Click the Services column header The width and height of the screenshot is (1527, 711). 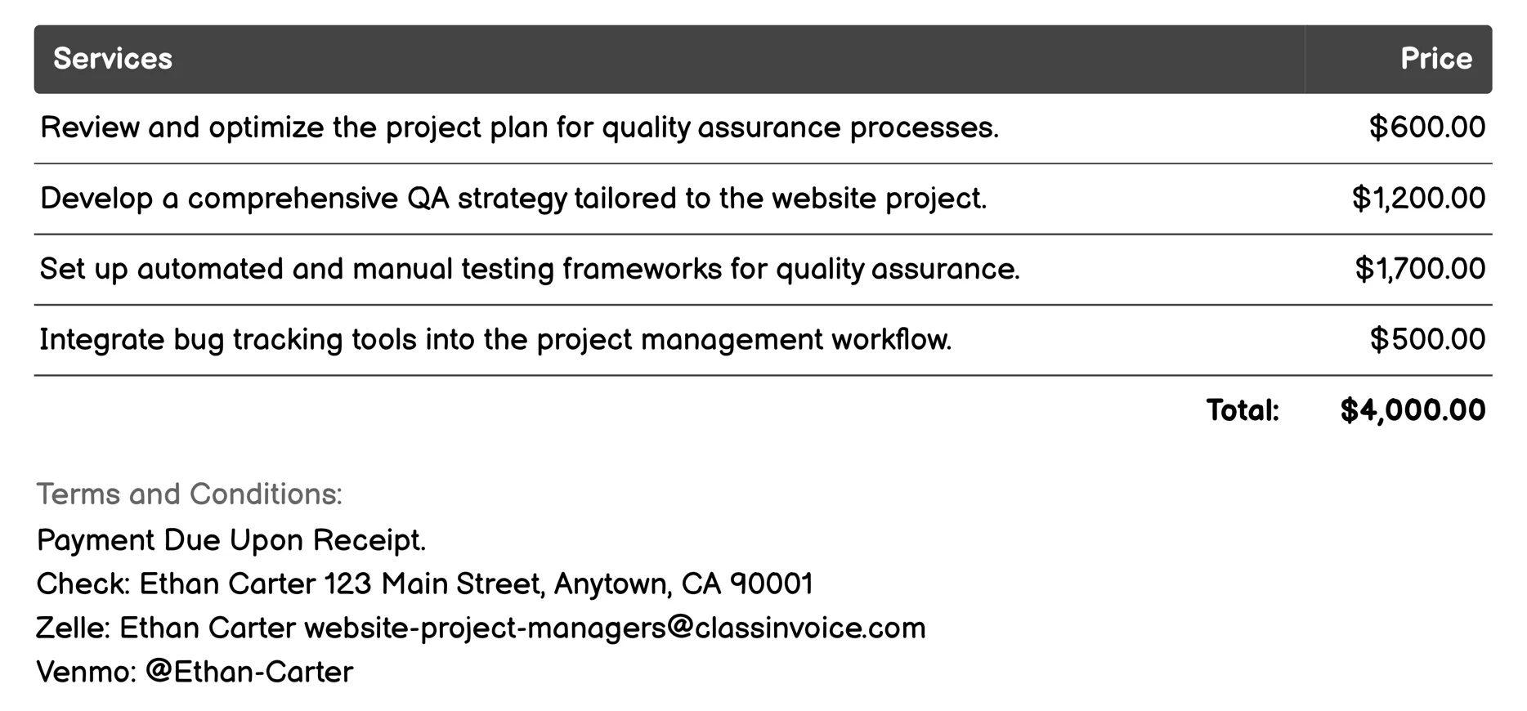[113, 59]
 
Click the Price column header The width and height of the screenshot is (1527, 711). [1435, 59]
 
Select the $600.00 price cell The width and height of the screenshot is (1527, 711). [1426, 127]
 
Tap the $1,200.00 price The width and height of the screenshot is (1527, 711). [1418, 199]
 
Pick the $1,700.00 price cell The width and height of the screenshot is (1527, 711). [1420, 269]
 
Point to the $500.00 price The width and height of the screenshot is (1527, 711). [1427, 339]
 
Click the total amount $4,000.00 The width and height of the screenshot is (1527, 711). [1413, 410]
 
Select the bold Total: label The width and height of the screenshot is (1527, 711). [1243, 410]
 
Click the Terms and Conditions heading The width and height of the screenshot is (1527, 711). [189, 494]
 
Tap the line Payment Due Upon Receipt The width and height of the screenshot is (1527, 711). [231, 540]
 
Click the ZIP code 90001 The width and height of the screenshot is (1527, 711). [771, 584]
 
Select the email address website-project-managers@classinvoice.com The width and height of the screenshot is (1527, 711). [615, 628]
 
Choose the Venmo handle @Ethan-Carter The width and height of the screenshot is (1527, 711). [249, 672]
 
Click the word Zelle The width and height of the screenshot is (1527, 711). [72, 628]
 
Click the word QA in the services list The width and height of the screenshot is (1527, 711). [428, 199]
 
